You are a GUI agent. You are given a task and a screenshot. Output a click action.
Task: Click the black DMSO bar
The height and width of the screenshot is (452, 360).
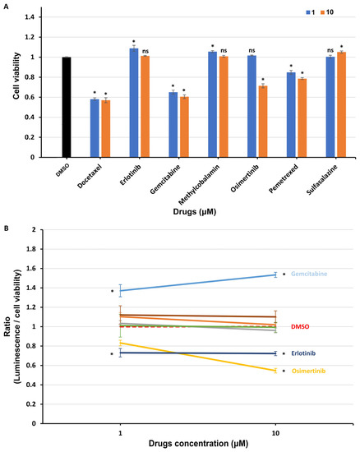click(x=67, y=107)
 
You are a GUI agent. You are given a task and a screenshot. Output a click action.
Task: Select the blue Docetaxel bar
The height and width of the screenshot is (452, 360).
click(x=95, y=128)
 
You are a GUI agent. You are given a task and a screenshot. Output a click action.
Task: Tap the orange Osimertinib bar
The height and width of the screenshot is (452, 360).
click(x=263, y=122)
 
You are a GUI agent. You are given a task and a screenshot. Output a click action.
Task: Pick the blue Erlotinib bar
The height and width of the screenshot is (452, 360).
click(x=134, y=103)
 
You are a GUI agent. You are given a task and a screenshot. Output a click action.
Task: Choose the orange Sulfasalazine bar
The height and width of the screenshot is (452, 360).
click(x=342, y=104)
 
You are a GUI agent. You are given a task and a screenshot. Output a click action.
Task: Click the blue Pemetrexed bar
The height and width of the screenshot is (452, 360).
click(x=291, y=115)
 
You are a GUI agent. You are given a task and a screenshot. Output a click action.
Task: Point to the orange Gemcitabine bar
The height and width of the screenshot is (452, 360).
click(x=184, y=127)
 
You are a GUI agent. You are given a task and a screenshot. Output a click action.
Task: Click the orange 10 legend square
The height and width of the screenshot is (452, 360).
click(x=322, y=12)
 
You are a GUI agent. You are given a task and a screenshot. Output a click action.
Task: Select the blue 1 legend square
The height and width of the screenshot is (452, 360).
click(x=308, y=12)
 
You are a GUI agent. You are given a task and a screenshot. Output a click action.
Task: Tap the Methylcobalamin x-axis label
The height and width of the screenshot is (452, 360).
click(x=199, y=184)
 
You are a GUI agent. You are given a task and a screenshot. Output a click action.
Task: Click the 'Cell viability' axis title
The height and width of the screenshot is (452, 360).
click(x=16, y=76)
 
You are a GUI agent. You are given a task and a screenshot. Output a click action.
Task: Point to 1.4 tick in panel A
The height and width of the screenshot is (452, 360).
click(x=30, y=17)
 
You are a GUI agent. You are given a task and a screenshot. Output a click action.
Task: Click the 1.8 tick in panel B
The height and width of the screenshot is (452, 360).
click(x=31, y=249)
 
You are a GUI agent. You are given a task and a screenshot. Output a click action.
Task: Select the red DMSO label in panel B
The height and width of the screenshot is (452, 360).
click(x=300, y=327)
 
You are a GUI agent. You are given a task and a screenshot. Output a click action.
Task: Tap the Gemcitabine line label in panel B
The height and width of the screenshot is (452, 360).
click(x=309, y=274)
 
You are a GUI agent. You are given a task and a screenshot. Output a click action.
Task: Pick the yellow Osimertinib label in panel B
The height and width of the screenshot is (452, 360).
click(x=309, y=371)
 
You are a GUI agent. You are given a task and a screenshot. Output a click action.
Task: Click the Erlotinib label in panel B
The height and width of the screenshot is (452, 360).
click(x=303, y=353)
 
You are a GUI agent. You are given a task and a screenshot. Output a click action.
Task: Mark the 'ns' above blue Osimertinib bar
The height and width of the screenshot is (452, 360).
click(x=252, y=50)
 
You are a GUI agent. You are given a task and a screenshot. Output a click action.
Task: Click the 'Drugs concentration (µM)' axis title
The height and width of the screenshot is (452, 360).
click(x=198, y=443)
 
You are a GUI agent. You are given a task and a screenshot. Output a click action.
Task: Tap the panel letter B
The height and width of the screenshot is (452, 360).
click(x=6, y=228)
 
